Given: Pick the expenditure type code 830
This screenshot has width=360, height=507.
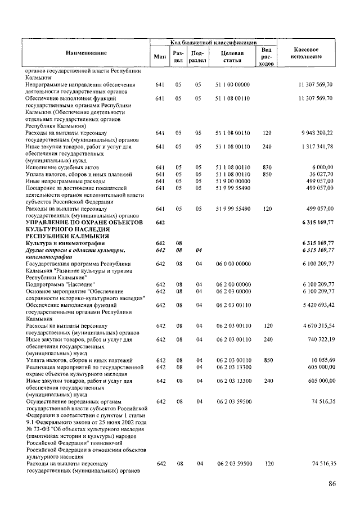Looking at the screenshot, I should pyautogui.click(x=268, y=167).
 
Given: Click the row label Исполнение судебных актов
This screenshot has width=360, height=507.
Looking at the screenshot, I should pyautogui.click(x=62, y=167).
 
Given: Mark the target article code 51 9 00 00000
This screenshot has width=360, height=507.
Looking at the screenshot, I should pyautogui.click(x=232, y=181).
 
